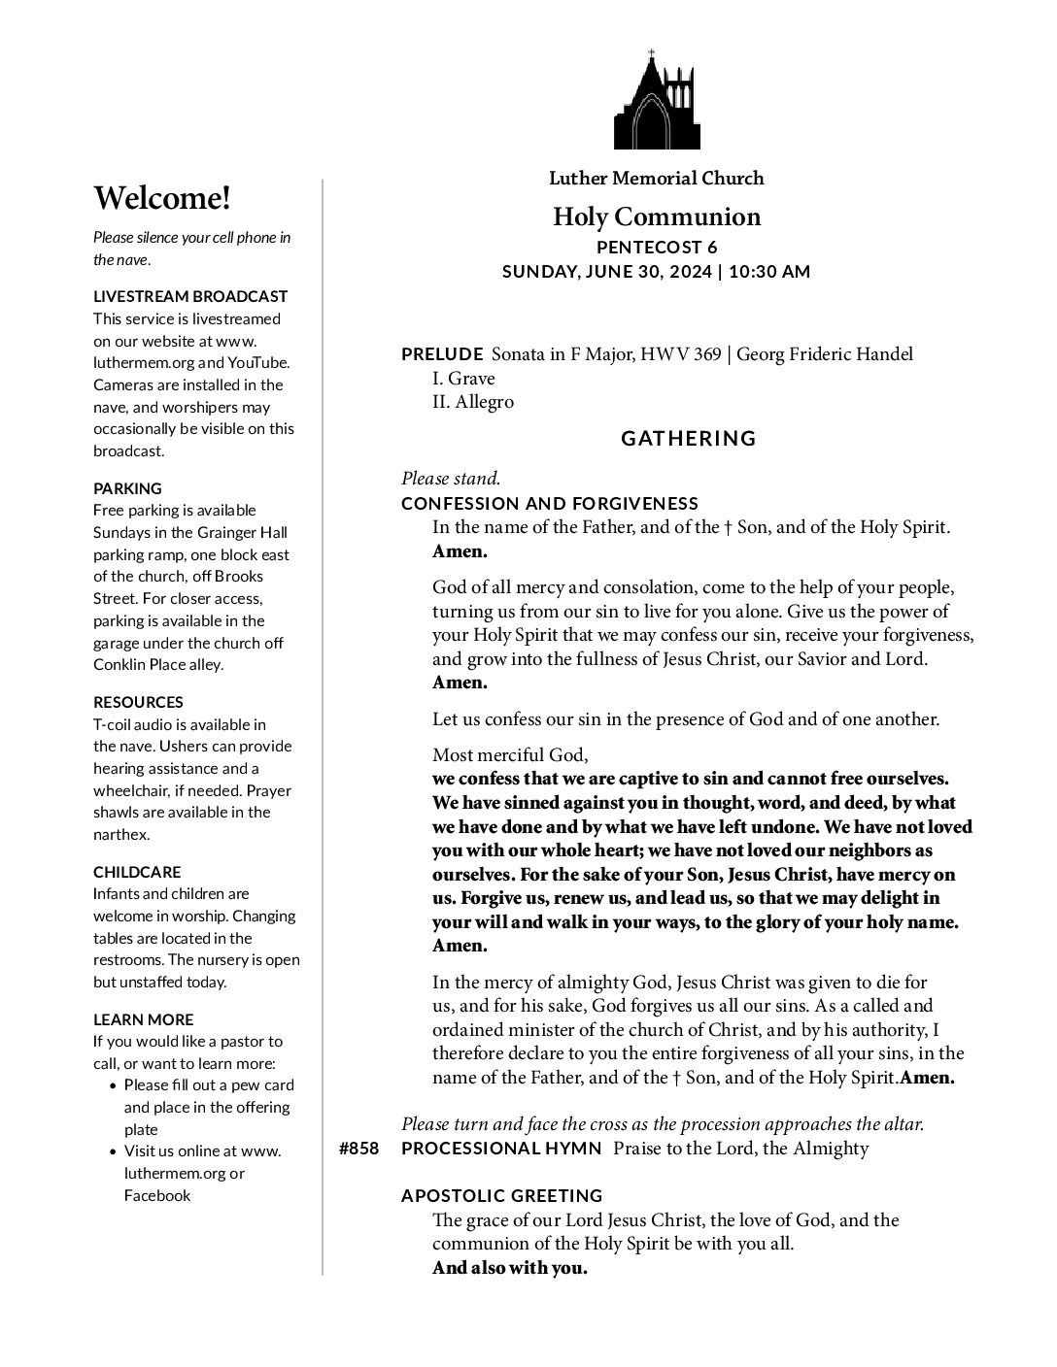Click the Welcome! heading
pos(162,198)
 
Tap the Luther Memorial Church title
pos(656,178)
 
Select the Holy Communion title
pos(656,216)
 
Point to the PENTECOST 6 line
pos(656,248)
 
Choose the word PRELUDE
pos(442,354)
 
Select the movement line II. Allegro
pos(472,402)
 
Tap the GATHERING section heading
pos(688,439)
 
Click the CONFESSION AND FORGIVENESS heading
pos(550,503)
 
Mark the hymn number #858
pos(358,1149)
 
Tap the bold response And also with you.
pos(510,1268)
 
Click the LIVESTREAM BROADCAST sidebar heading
pos(190,296)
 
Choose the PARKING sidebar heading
pos(127,488)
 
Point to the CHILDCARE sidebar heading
pos(137,872)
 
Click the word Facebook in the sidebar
pos(157,1195)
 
